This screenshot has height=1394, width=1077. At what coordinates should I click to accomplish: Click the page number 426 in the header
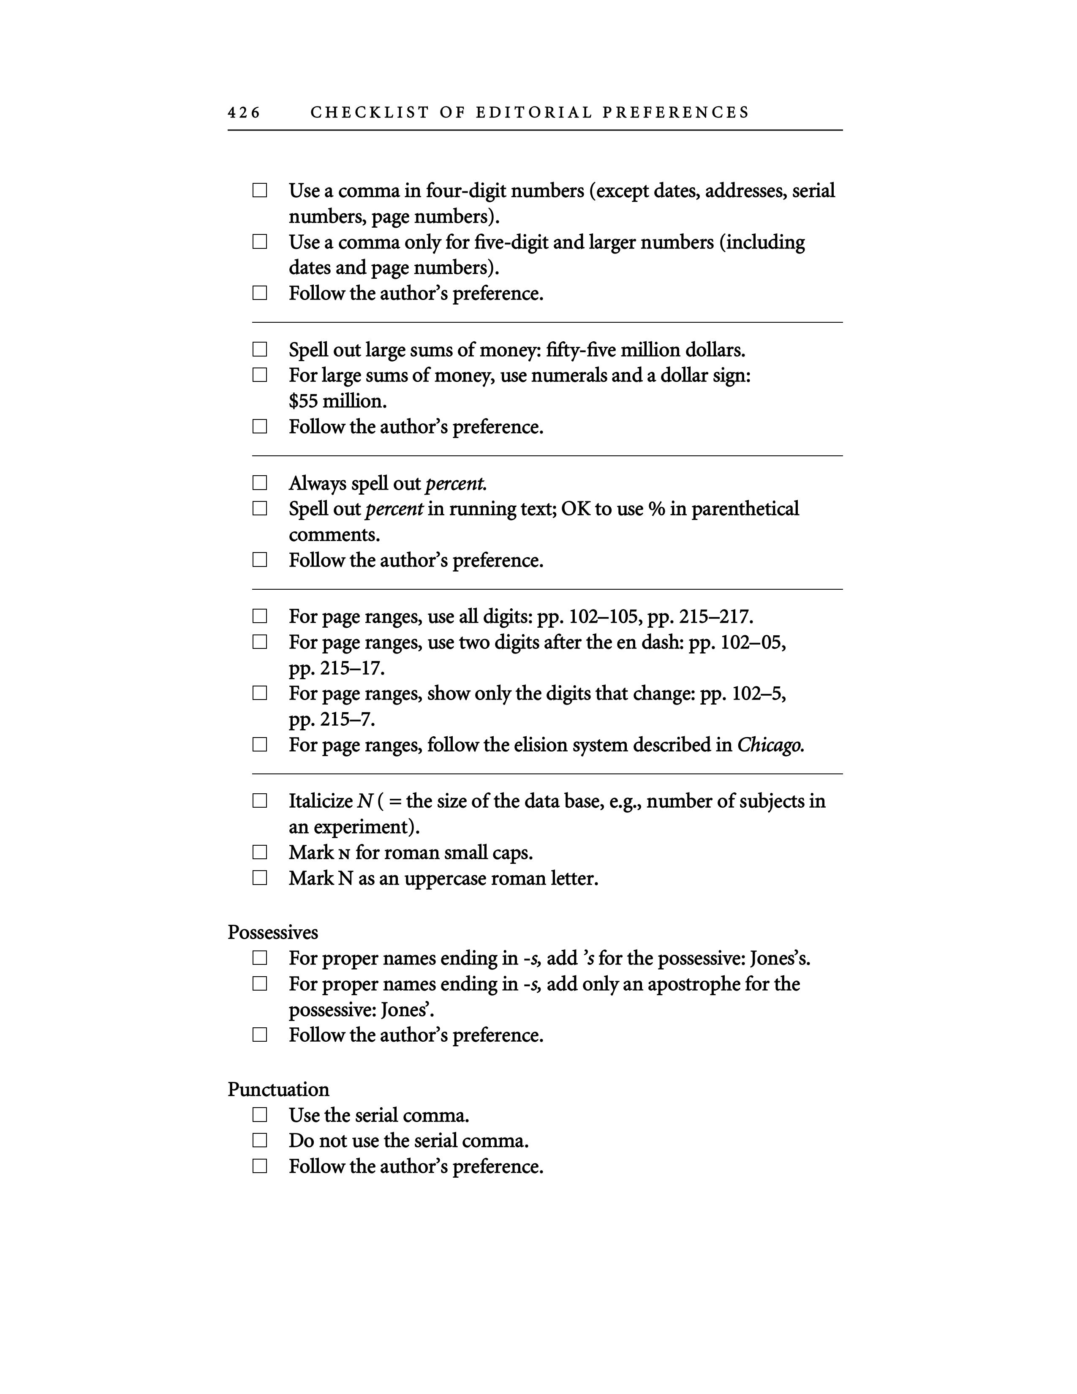[x=244, y=113]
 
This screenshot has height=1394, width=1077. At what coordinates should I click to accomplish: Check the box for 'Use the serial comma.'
[x=260, y=1115]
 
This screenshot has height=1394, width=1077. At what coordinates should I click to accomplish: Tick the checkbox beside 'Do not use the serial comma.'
[x=260, y=1141]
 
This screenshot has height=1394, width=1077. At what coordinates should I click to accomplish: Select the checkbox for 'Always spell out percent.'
[x=260, y=483]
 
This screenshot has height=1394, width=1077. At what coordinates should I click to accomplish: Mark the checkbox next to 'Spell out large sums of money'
[x=260, y=350]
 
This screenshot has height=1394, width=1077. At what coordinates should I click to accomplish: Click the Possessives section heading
[x=272, y=933]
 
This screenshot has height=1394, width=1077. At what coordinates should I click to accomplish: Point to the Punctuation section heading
[x=278, y=1089]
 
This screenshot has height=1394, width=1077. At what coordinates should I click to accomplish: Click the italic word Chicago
[x=769, y=745]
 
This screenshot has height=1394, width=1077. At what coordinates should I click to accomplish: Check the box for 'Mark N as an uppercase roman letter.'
[x=260, y=878]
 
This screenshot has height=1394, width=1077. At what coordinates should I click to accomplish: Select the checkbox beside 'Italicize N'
[x=260, y=801]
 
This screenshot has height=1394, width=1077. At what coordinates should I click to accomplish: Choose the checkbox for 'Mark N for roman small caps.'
[x=260, y=853]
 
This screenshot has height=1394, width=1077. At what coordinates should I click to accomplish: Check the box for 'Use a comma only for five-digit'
[x=260, y=242]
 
